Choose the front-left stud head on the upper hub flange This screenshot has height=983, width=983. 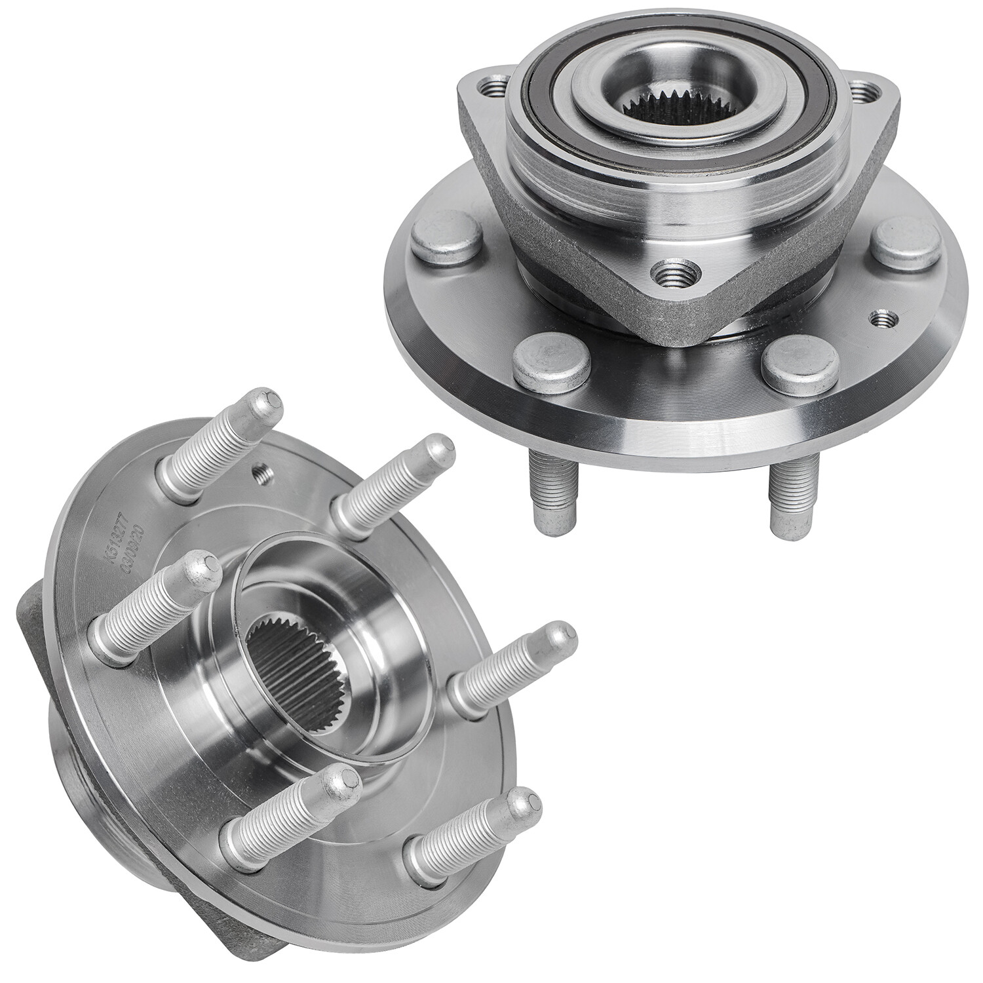[541, 364]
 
